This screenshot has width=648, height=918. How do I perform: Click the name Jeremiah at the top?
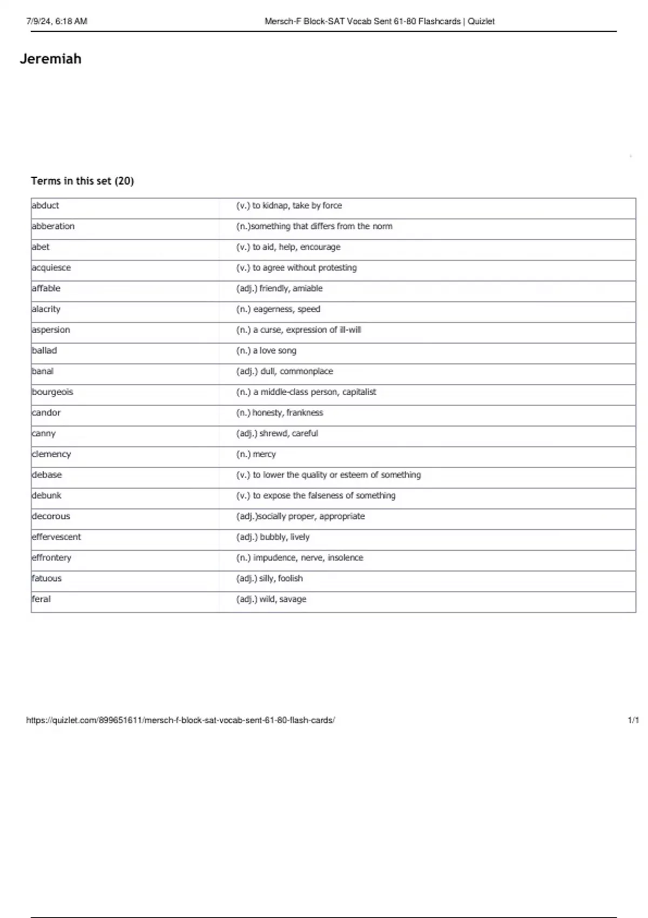pyautogui.click(x=51, y=59)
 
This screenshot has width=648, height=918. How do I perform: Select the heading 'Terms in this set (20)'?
pyautogui.click(x=82, y=181)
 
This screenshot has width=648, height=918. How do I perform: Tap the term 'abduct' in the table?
pyautogui.click(x=45, y=206)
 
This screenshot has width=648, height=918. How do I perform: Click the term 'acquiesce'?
pyautogui.click(x=51, y=268)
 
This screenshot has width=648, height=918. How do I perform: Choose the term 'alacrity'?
pyautogui.click(x=46, y=309)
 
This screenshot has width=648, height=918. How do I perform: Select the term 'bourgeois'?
pyautogui.click(x=52, y=392)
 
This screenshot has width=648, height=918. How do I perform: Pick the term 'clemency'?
pyautogui.click(x=51, y=454)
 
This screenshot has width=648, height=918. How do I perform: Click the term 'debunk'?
pyautogui.click(x=46, y=496)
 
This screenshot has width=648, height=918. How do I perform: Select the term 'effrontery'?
pyautogui.click(x=51, y=558)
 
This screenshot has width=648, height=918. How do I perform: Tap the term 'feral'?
pyautogui.click(x=41, y=599)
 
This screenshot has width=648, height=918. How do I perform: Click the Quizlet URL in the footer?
pyautogui.click(x=180, y=720)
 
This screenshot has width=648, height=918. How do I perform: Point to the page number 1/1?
pyautogui.click(x=633, y=720)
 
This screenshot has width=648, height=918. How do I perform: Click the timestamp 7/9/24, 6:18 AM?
pyautogui.click(x=57, y=22)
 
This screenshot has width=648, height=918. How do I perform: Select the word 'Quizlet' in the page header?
pyautogui.click(x=481, y=22)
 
